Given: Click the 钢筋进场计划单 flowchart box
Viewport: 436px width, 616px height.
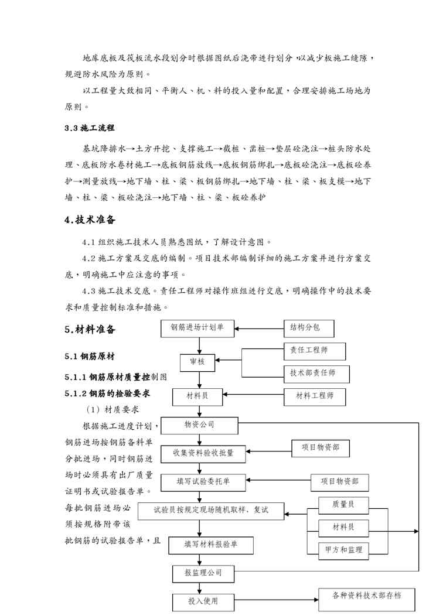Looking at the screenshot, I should (197, 328).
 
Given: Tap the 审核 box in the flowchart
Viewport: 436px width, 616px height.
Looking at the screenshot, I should (197, 362).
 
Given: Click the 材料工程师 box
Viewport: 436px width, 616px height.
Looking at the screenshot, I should (315, 396).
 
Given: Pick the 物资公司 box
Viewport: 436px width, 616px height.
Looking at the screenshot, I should (199, 425).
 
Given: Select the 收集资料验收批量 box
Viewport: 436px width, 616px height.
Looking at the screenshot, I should (203, 452).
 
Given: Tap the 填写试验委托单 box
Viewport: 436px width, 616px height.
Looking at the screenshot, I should (203, 481).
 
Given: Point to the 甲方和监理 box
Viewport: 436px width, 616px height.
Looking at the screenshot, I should (343, 550).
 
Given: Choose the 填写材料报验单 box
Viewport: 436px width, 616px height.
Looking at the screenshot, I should (210, 545).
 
